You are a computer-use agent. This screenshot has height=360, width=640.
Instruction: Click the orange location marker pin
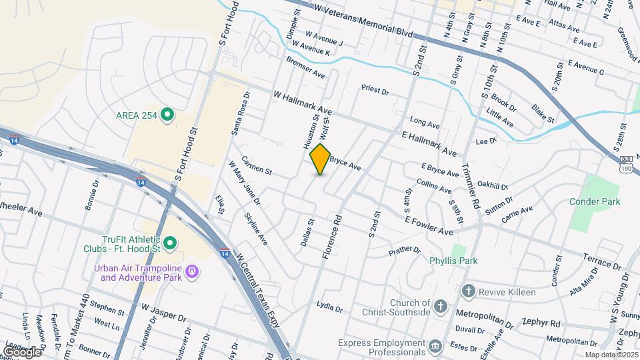321,159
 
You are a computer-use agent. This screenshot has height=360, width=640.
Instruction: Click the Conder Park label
595,201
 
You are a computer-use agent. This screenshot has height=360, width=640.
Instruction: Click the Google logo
23,351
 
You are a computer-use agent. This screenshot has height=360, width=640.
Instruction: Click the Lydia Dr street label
329,308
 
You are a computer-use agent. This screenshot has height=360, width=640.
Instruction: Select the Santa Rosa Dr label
240,113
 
